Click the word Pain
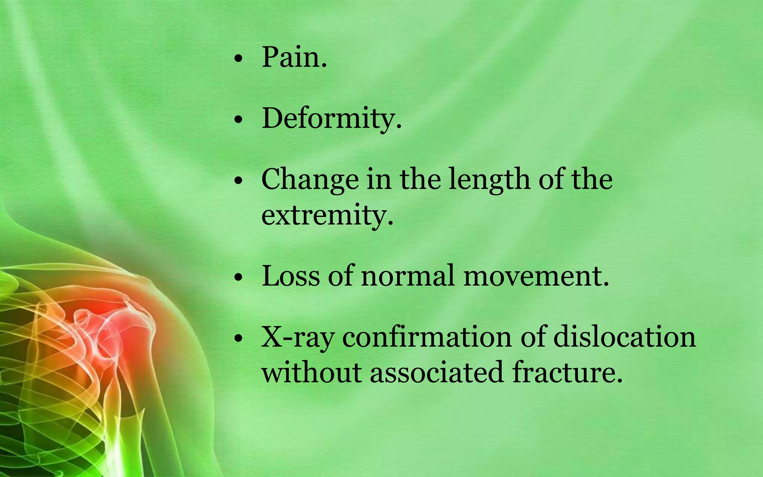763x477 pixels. pos(294,58)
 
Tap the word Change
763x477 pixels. pos(310,180)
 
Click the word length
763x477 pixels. pos(490,180)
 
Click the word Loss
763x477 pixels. pos(291,276)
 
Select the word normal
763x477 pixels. pos(408,276)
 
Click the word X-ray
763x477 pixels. pos(297,337)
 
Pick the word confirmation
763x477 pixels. pos(427,337)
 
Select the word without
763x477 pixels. pos(311,372)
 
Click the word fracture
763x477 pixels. pos(567,372)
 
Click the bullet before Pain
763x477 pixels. pos(238,59)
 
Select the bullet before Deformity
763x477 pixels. pos(238,120)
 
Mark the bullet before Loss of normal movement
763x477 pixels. pos(238,278)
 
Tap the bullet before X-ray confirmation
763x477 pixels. pos(238,338)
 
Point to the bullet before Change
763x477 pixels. pos(238,181)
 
